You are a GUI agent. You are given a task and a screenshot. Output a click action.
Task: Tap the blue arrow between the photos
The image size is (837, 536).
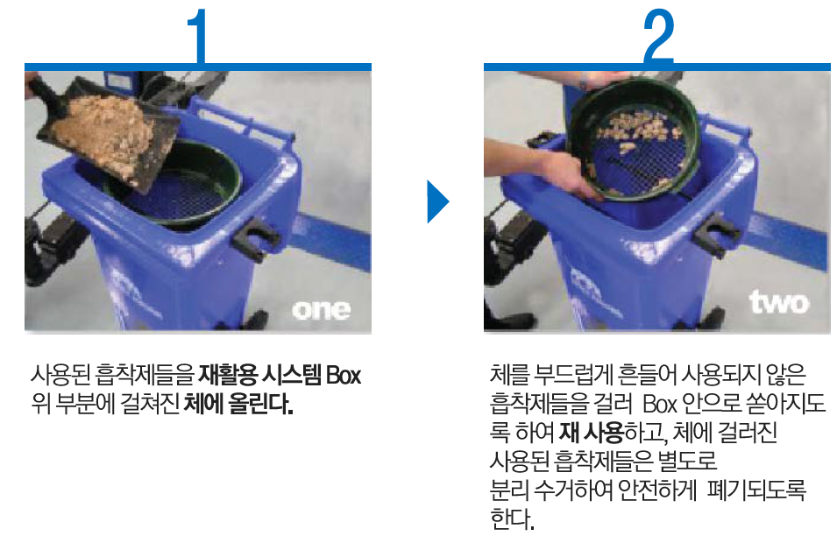click(437, 201)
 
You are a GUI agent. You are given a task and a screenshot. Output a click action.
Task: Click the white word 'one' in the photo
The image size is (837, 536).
click(322, 310)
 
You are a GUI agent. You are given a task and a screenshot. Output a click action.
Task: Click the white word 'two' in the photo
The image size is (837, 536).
click(779, 302)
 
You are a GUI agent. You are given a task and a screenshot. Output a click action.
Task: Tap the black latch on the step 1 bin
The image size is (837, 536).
click(250, 239)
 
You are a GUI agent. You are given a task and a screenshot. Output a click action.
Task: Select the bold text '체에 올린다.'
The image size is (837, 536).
click(238, 404)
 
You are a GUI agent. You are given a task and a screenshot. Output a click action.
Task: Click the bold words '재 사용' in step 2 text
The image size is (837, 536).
click(592, 432)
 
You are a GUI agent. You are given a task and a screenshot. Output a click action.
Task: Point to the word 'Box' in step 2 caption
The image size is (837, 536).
click(660, 404)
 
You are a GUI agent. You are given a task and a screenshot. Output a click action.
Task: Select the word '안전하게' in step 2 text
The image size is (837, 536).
click(656, 489)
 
